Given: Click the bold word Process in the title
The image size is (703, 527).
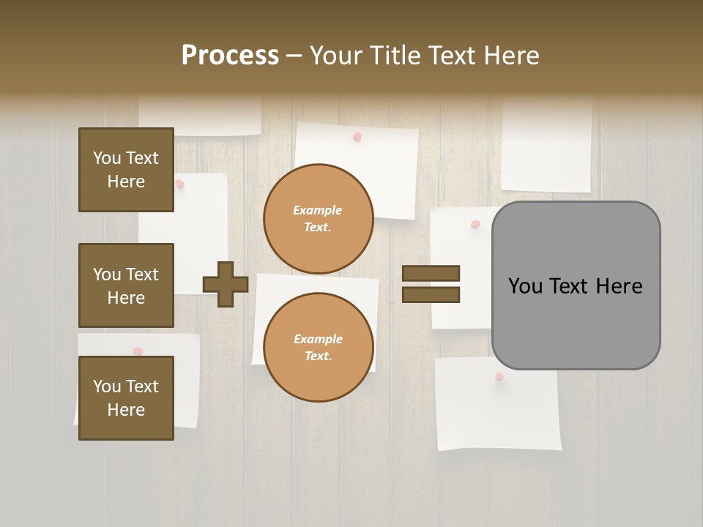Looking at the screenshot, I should [230, 56].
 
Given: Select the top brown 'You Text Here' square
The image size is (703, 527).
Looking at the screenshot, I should [126, 170].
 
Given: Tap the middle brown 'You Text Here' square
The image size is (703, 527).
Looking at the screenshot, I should [126, 285].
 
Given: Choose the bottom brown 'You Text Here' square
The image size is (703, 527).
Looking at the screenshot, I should [126, 398].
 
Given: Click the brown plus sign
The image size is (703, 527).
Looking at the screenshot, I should [226, 284].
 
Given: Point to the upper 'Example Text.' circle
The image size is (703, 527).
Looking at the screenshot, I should [318, 219].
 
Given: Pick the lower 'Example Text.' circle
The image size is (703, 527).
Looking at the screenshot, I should [318, 348].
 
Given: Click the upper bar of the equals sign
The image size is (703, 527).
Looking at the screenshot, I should [431, 273].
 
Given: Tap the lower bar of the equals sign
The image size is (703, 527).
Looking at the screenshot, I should [431, 295].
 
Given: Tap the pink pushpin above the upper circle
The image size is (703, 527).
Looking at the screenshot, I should [357, 137].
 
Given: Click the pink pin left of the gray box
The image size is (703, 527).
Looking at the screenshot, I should [475, 224].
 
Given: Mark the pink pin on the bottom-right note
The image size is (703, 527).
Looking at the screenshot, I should [499, 377].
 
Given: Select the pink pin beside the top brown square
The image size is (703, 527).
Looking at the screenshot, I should [180, 184].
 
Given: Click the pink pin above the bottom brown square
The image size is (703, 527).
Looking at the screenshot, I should [138, 351].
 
